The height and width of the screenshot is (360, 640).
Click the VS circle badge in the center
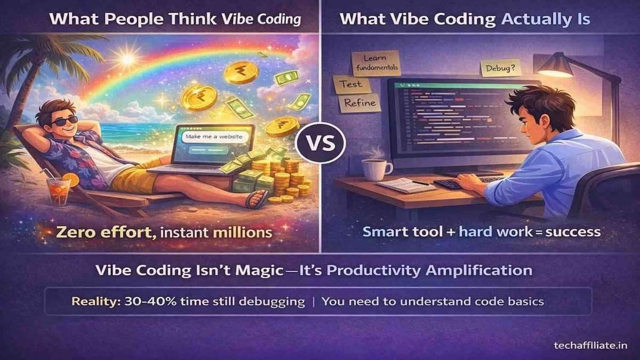[320, 143]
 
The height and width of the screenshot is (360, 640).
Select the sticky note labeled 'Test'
[347, 84]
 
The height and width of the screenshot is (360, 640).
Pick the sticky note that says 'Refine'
[361, 103]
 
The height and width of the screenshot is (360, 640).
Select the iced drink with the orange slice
[59, 190]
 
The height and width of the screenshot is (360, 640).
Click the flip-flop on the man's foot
[257, 199]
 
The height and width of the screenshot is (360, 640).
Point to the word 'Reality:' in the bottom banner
[93, 301]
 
